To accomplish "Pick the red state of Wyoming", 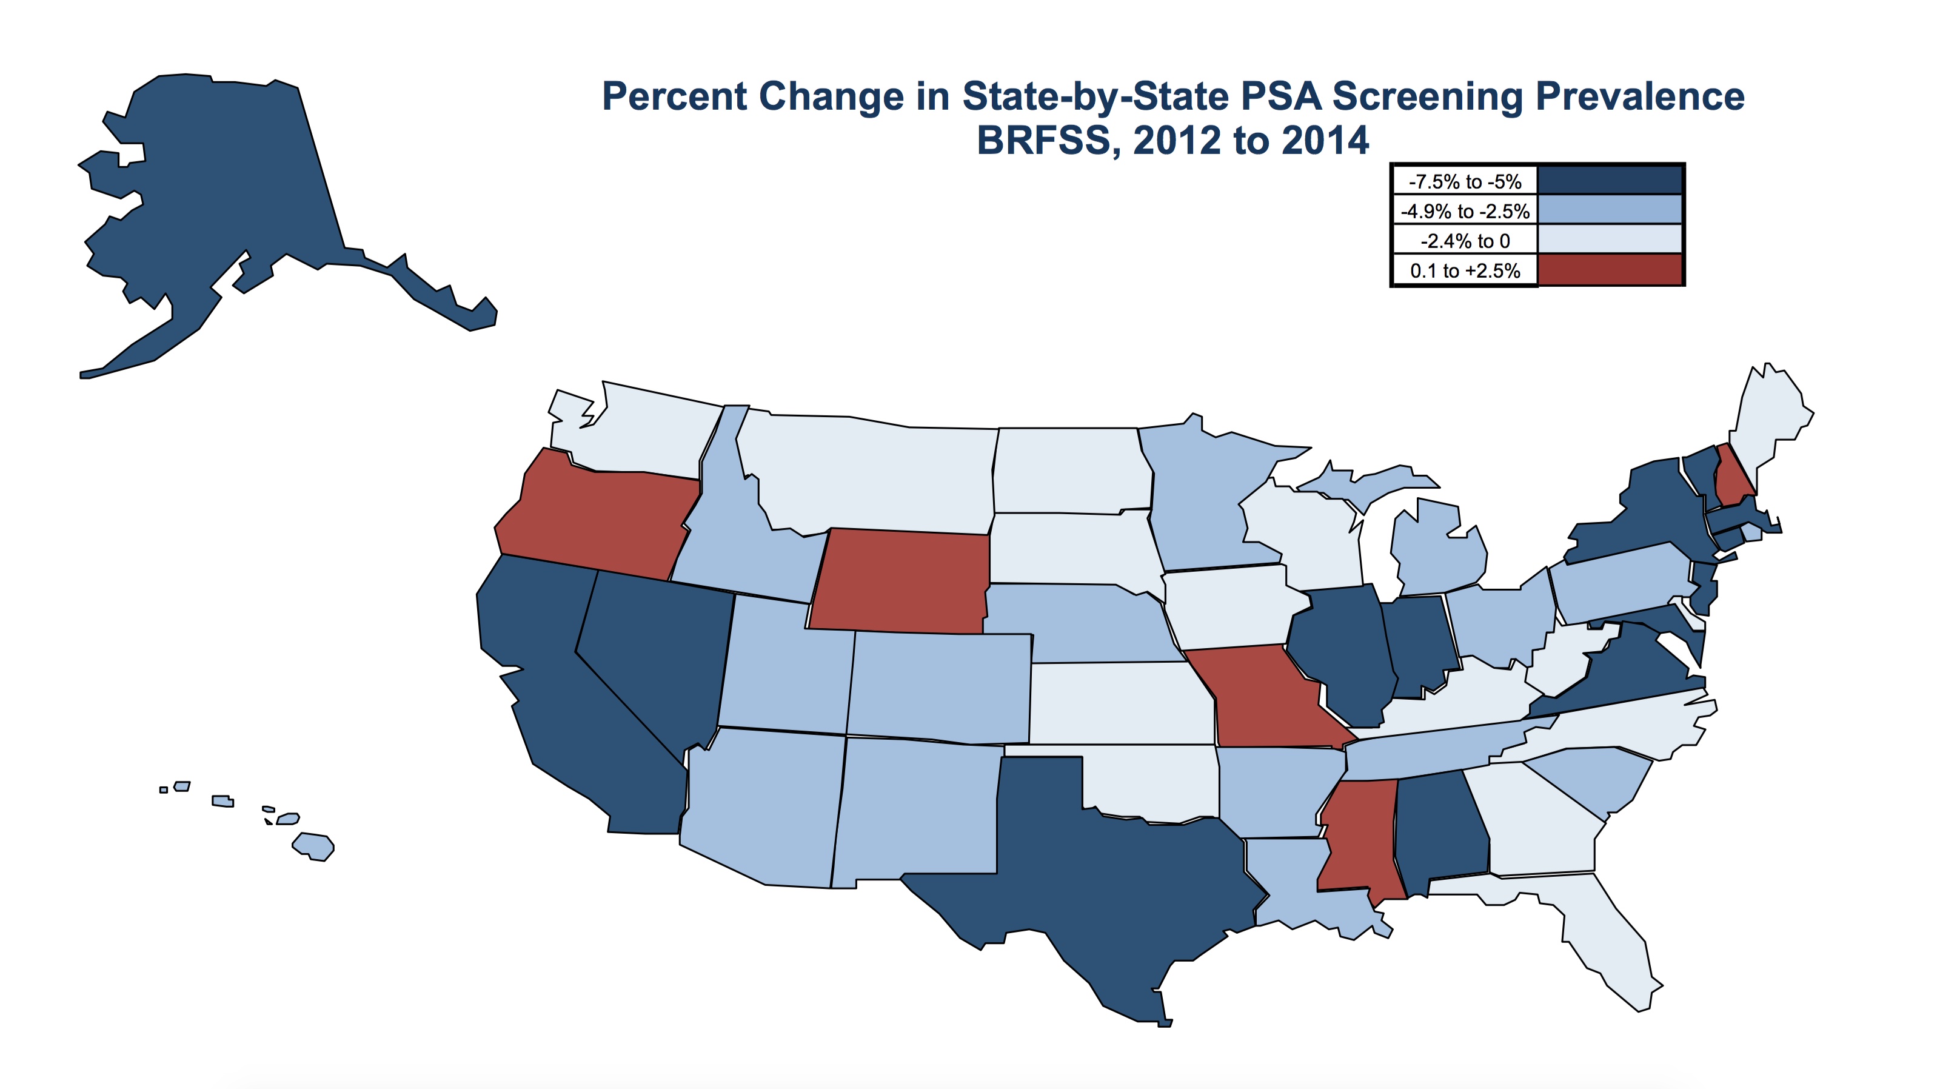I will point(900,580).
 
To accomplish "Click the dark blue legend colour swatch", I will point(1610,181).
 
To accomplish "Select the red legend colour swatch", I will point(1610,270).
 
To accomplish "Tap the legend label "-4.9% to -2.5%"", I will point(1465,211).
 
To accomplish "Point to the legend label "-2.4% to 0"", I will point(1465,241).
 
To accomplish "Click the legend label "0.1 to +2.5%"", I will point(1465,270).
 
